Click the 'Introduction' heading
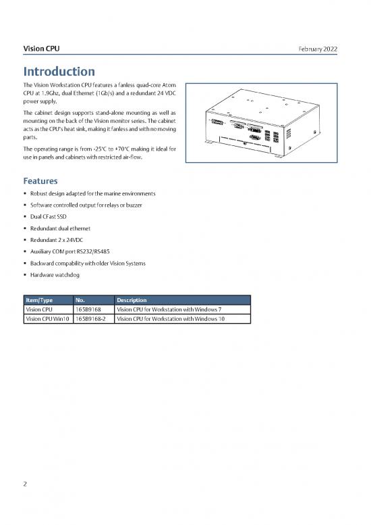coord(59,71)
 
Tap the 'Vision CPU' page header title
coord(41,49)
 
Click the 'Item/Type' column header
coord(39,300)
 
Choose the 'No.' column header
coord(80,300)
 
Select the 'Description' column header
coord(132,300)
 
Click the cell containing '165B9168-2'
coord(93,319)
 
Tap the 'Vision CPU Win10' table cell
coord(47,319)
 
